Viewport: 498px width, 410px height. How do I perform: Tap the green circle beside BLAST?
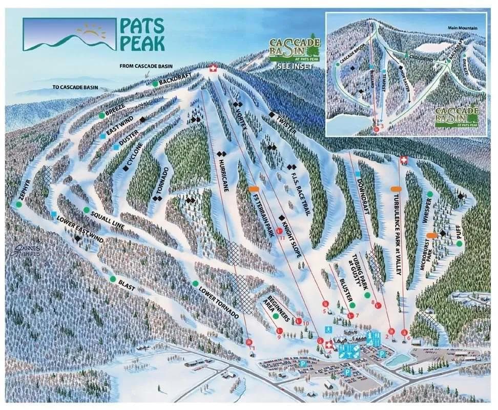[x=113, y=279]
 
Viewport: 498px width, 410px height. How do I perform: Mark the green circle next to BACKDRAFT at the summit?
[x=155, y=83]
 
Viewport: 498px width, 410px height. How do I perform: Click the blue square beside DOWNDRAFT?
[x=358, y=174]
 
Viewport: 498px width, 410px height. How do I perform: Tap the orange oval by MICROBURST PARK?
[x=432, y=235]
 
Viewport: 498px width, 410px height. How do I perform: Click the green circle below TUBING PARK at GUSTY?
[x=367, y=295]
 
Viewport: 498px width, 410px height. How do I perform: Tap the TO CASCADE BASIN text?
[x=76, y=87]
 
